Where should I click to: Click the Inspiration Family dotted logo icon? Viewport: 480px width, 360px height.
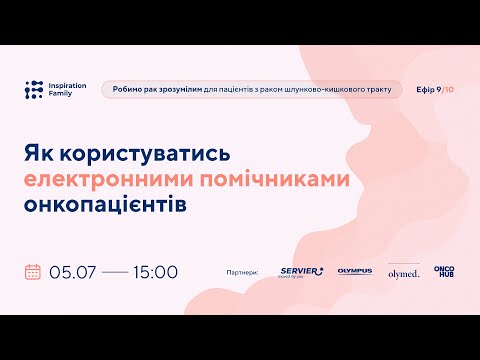pos(34,89)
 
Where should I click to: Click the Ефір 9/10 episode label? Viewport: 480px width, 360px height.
pos(434,89)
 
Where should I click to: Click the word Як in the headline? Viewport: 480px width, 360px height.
pos(37,156)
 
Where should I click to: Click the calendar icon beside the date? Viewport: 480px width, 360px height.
pos(33,271)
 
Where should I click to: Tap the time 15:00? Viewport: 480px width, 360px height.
pos(153,271)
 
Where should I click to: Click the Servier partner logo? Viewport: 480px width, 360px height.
pos(300,271)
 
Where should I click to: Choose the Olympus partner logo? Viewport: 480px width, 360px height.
pos(354,271)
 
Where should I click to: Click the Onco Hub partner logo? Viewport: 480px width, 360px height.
pos(444,271)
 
